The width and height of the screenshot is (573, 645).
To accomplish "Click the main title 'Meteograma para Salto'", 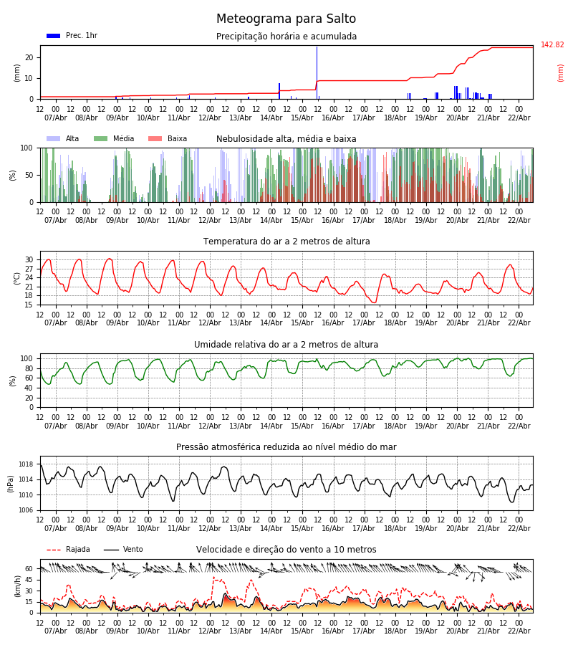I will tap(286, 19).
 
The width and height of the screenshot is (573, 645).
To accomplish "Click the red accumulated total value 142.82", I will tap(552, 45).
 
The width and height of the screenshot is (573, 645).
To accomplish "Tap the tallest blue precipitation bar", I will tap(317, 72).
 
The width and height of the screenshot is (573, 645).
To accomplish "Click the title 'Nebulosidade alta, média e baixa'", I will tap(286, 139).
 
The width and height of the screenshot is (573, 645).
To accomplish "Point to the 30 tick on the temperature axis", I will tap(29, 260).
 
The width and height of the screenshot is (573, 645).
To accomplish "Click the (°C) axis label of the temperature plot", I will tap(16, 278).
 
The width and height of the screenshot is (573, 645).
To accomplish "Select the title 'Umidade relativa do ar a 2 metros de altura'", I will tap(286, 345).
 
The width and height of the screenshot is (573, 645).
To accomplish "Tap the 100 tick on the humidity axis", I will tap(27, 359).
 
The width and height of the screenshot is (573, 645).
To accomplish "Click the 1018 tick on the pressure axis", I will tap(24, 464).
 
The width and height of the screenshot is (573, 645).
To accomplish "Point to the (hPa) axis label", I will tap(11, 483).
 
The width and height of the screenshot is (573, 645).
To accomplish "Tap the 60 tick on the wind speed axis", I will tap(29, 569).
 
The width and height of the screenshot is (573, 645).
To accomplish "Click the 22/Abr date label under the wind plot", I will tap(519, 631).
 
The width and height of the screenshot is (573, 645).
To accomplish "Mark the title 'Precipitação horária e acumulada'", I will tap(286, 37).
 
